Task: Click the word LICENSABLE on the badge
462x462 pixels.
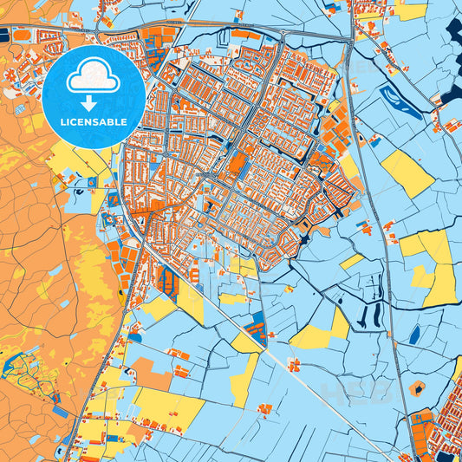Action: (94, 121)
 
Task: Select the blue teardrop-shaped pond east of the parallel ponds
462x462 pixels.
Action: (414, 333)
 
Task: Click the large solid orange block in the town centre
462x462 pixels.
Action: (235, 162)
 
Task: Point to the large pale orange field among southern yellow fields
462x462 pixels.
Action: (151, 373)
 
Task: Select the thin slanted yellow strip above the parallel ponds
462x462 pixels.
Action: (351, 260)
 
